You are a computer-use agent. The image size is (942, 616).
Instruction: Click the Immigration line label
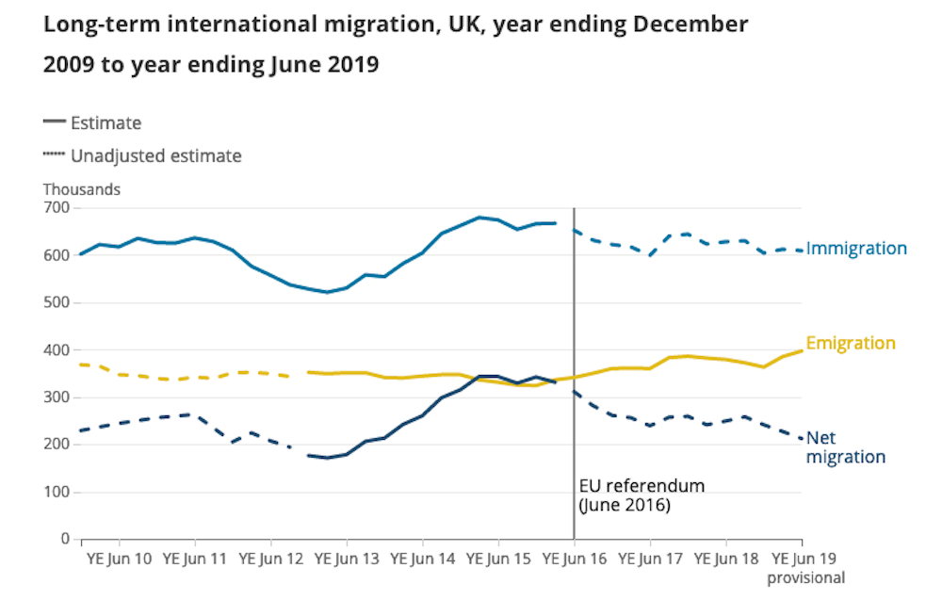coord(856,249)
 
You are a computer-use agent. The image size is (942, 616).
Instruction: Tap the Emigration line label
coord(850,343)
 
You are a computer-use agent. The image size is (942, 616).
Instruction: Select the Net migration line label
coord(845,447)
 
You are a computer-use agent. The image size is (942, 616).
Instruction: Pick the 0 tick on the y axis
coord(65,540)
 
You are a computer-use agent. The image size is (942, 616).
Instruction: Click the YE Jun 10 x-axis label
coord(120,559)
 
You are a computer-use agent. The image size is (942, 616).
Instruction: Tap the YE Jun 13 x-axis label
coord(347,559)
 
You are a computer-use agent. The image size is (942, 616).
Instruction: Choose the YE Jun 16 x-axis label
coord(574,559)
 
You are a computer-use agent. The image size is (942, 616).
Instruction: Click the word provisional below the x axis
coord(805,577)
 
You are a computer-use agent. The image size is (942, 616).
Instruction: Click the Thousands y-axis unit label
coord(82,189)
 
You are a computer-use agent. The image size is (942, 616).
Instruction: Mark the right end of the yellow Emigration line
coord(802,350)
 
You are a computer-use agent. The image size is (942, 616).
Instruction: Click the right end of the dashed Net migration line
coord(802,439)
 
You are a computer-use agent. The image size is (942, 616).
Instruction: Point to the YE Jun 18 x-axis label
coord(725,559)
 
